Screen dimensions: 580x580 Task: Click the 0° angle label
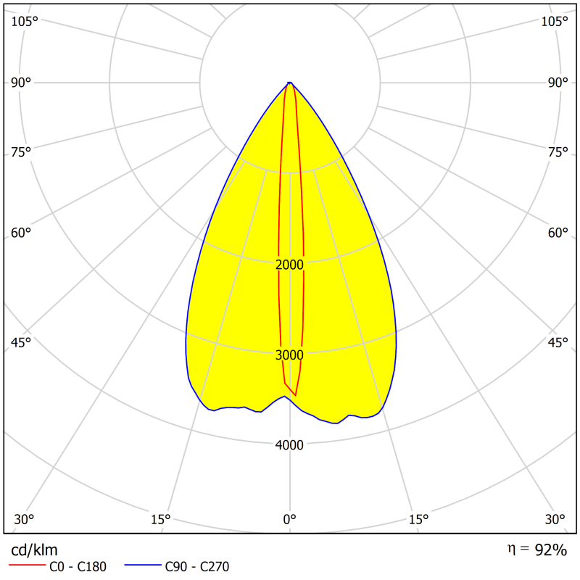tap(289, 520)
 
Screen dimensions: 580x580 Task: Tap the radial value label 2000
tap(290, 265)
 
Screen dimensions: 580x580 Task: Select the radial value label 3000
tap(290, 355)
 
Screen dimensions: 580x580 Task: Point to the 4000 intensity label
tap(290, 444)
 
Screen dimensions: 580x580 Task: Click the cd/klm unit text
tap(34, 550)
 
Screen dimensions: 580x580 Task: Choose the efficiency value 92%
tap(550, 550)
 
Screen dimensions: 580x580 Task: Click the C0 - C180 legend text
tap(78, 567)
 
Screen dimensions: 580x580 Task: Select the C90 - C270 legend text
tap(198, 567)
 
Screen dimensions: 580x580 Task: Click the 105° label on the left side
tap(25, 21)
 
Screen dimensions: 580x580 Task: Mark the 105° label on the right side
tap(555, 21)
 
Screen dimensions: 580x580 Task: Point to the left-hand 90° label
tap(21, 83)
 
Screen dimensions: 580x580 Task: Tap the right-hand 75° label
tap(558, 152)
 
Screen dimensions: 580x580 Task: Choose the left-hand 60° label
tap(21, 233)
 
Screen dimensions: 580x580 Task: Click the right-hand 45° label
tap(558, 342)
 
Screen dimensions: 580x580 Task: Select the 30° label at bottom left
tap(24, 520)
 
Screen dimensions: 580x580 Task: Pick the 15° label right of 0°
tap(418, 520)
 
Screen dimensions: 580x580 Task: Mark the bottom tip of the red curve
tap(295, 395)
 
